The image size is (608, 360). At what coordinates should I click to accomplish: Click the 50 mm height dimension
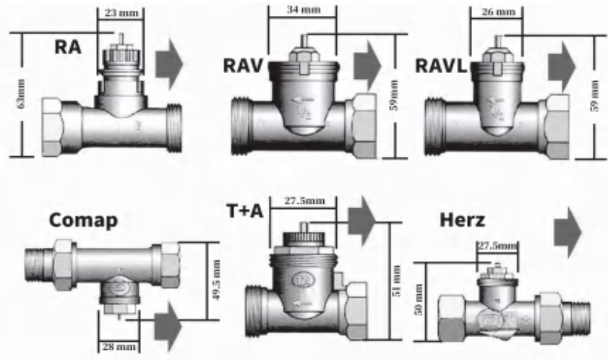coord(417,299)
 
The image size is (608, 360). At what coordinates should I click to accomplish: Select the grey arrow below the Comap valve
coord(168,320)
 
